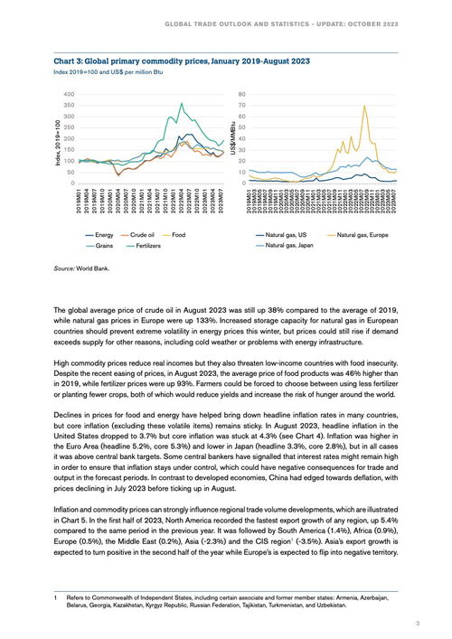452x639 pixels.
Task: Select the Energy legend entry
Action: pos(105,234)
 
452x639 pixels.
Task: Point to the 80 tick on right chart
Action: pos(242,94)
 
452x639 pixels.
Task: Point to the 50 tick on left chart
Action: pos(71,172)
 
